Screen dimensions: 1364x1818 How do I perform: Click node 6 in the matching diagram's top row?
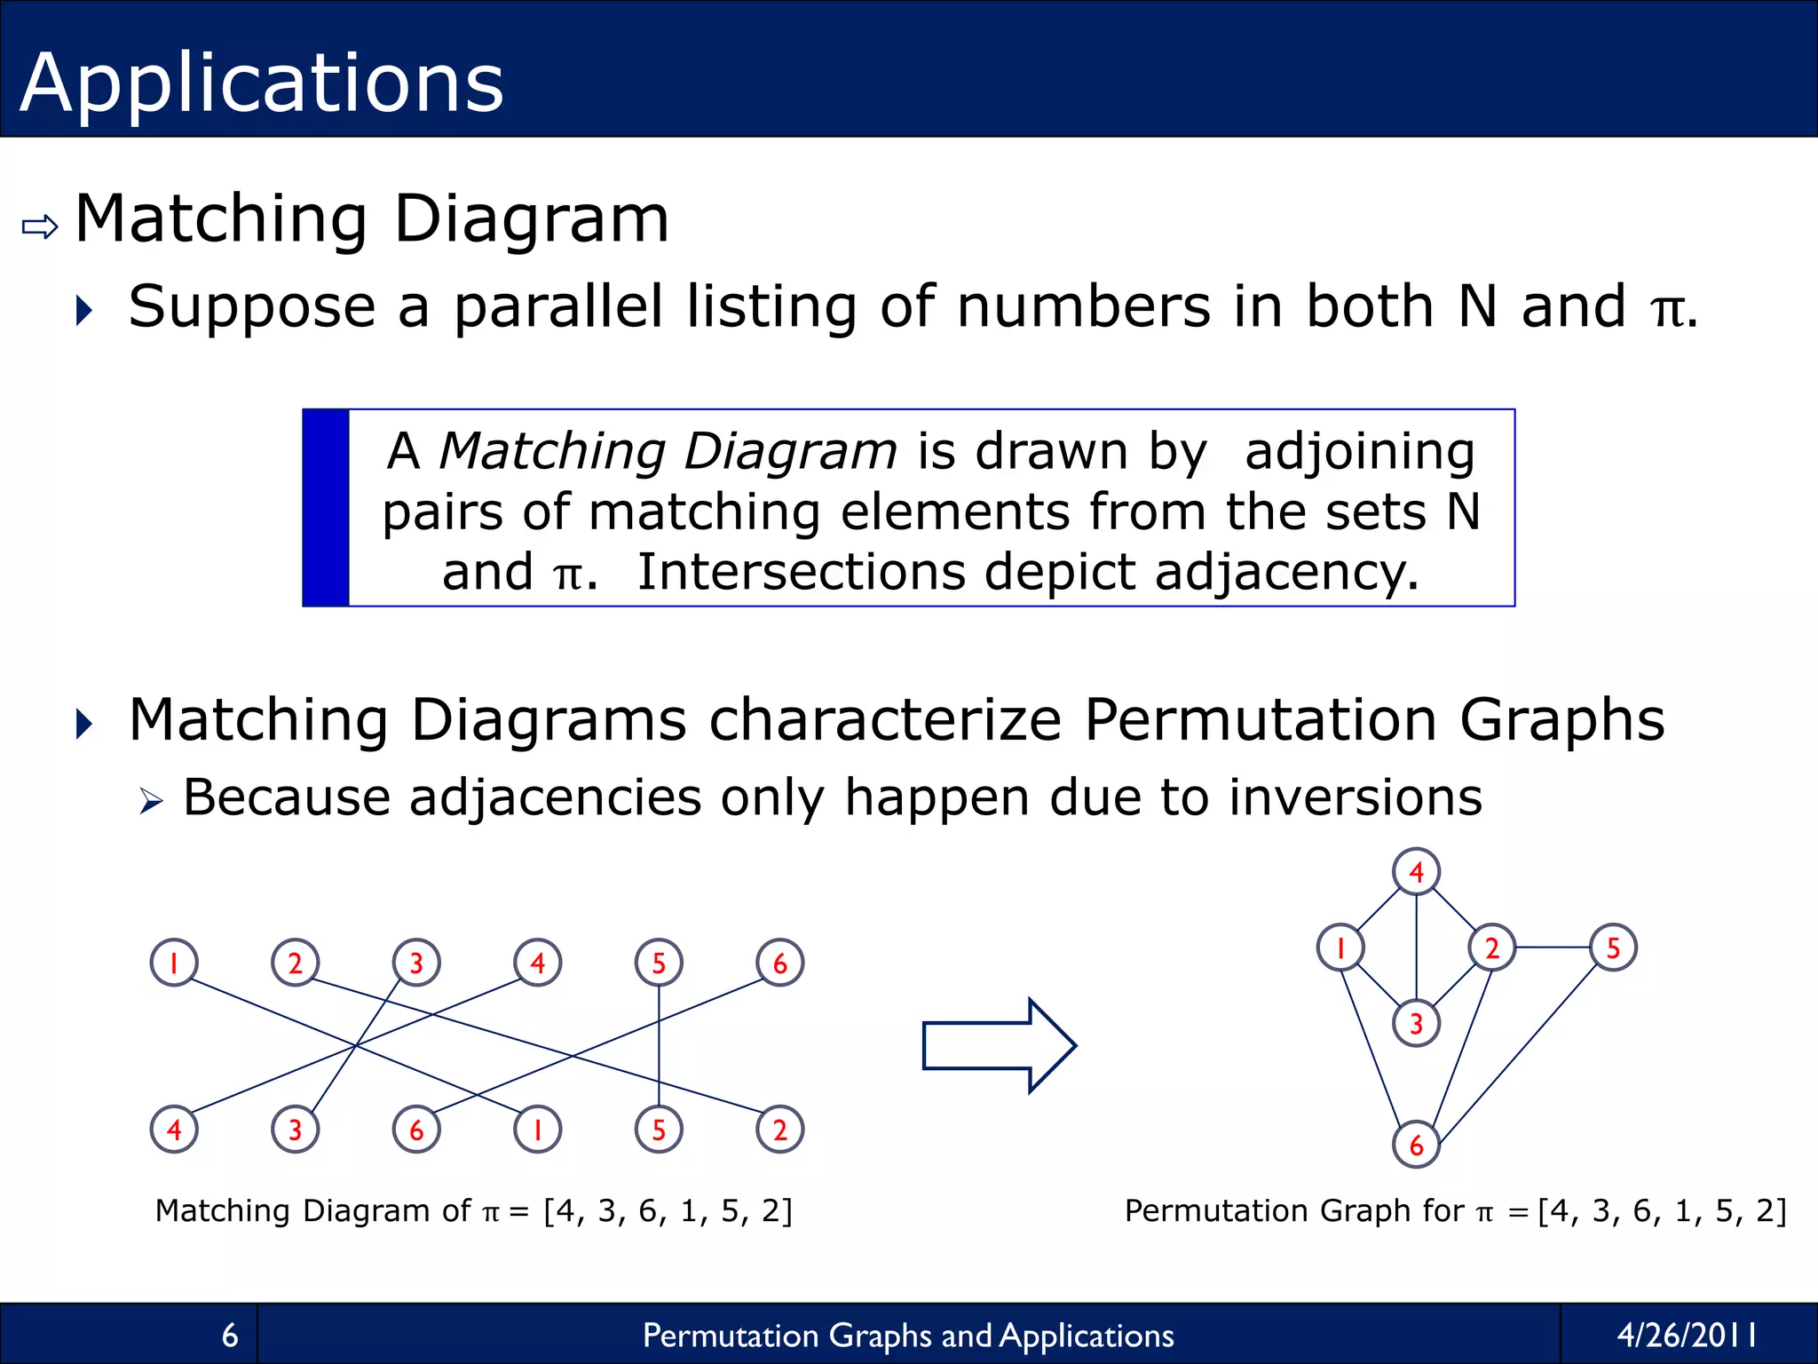(x=779, y=963)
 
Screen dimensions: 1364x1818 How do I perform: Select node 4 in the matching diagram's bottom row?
(x=174, y=1130)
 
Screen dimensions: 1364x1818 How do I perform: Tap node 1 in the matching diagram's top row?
(x=174, y=963)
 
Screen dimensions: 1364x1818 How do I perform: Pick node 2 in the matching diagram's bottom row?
(x=779, y=1130)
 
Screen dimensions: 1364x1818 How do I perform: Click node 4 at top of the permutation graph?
(x=1416, y=871)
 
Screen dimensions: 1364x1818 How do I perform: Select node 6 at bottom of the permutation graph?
(x=1416, y=1145)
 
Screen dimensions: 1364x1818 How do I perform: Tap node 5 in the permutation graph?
(x=1613, y=948)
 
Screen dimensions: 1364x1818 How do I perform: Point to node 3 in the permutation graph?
(x=1416, y=1024)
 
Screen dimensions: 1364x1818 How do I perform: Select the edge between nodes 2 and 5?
(x=1553, y=948)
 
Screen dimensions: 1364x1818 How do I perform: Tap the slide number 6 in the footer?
(x=230, y=1335)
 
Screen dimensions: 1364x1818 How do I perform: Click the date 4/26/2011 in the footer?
(x=1687, y=1335)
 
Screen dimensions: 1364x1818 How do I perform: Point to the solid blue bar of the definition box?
(x=326, y=508)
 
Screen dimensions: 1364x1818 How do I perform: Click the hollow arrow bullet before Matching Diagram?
(x=40, y=226)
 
